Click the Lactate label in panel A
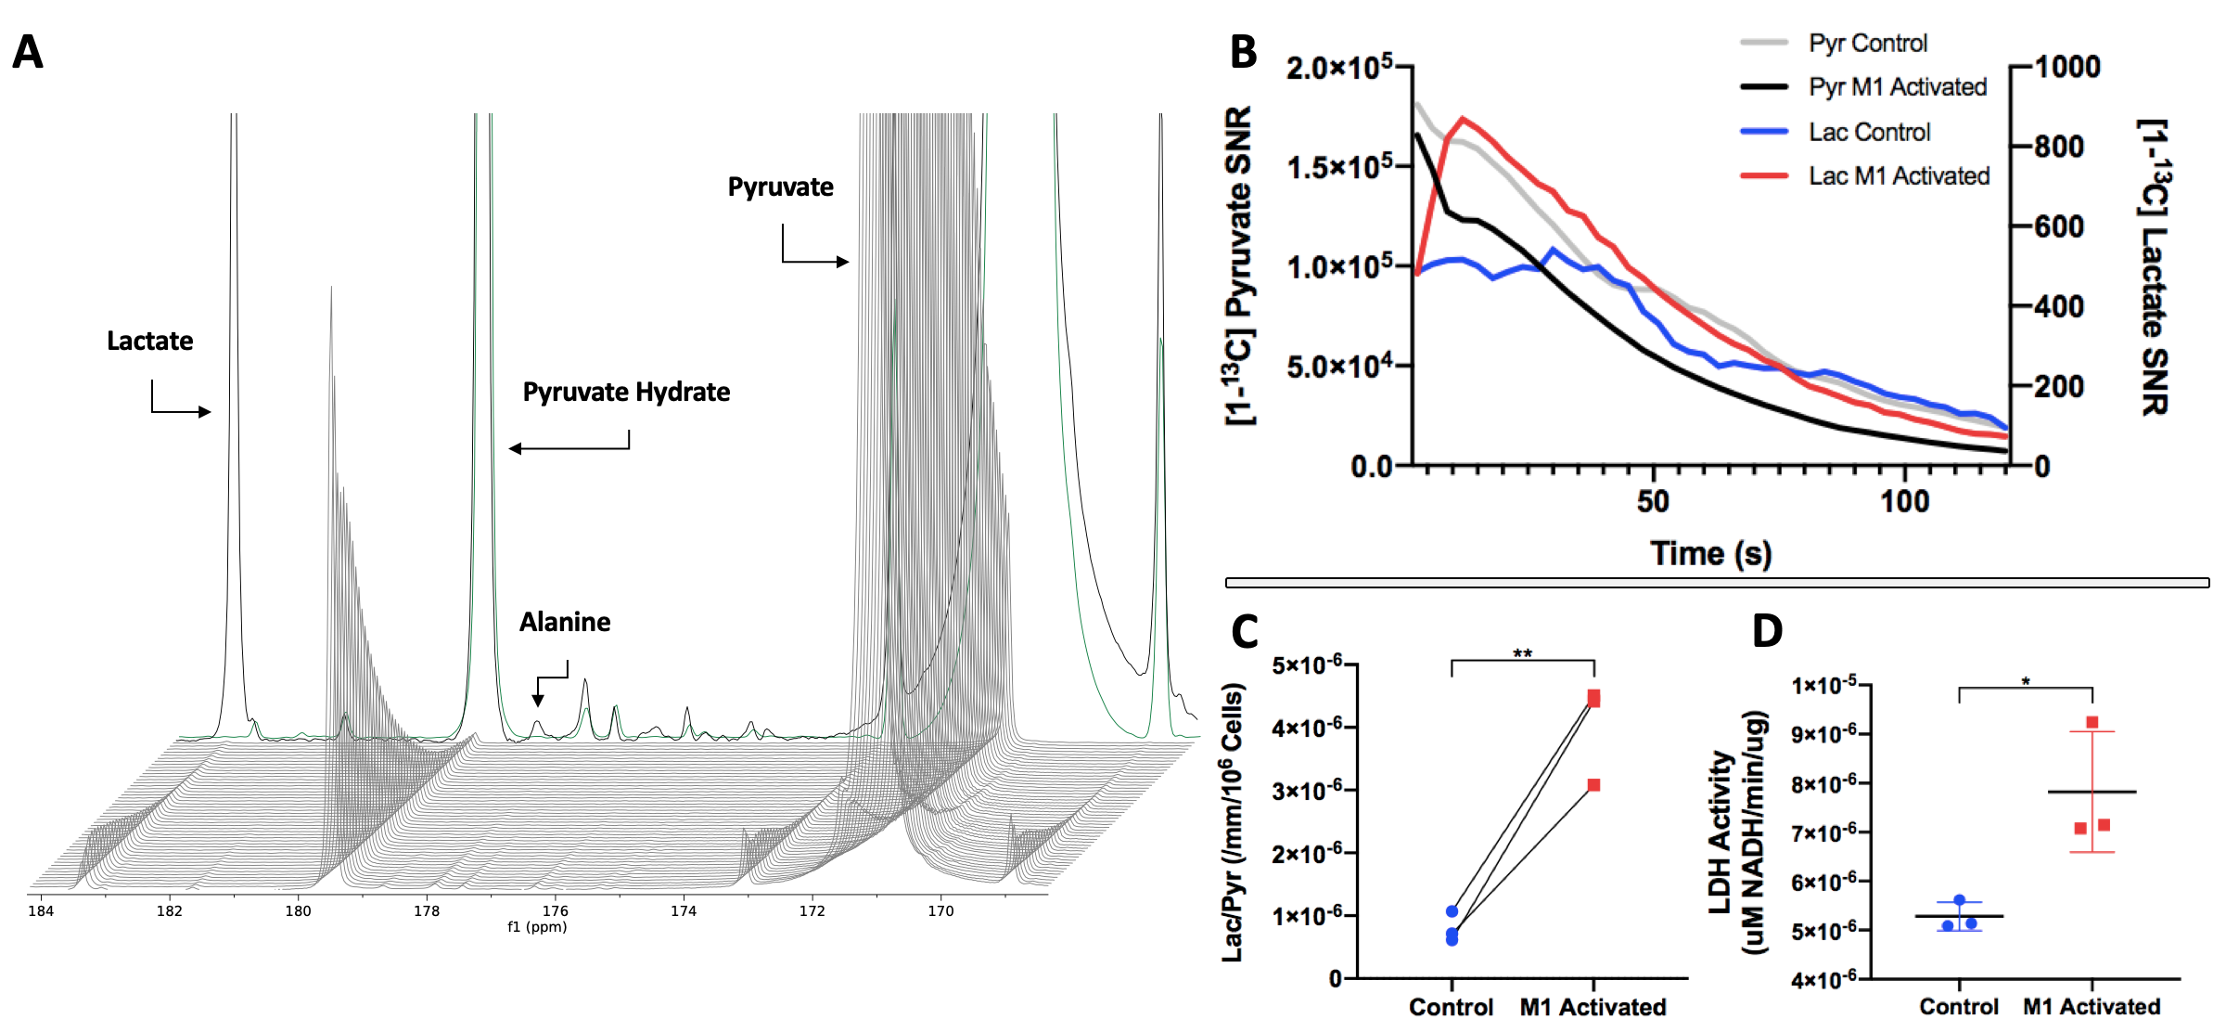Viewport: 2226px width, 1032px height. [x=149, y=341]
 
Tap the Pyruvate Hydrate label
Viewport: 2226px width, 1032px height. [x=626, y=392]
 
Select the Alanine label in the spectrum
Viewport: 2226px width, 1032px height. [x=564, y=622]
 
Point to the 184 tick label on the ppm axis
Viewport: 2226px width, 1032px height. [x=41, y=911]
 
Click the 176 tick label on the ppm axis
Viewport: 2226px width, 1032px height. [x=555, y=911]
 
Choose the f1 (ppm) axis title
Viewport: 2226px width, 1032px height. [x=537, y=927]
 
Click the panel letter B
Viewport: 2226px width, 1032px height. [x=1243, y=52]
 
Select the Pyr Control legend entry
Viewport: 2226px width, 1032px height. [x=1867, y=43]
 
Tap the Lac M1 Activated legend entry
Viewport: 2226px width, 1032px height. [x=1899, y=175]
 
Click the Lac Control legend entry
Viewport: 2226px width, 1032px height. [x=1869, y=132]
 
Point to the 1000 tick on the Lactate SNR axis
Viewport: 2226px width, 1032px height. [x=2067, y=67]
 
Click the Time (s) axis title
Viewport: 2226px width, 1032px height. [x=1710, y=553]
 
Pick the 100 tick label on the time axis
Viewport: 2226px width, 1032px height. [x=1904, y=502]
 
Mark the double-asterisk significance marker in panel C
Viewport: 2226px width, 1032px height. [x=1523, y=653]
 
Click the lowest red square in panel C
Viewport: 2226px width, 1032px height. [x=1593, y=785]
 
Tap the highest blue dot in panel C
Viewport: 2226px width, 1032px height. [x=1452, y=911]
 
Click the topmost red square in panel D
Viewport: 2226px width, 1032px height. [x=2092, y=723]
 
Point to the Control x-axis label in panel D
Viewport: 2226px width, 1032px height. [x=1958, y=1007]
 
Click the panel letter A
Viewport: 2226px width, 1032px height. [x=28, y=52]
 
